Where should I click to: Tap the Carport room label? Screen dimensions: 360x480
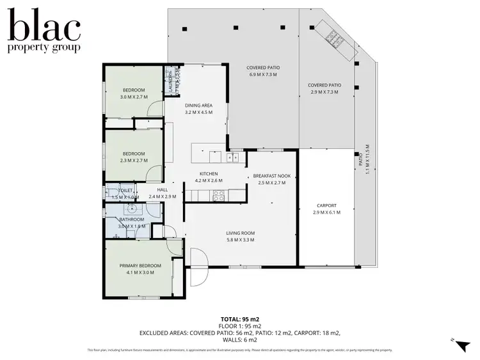[327, 205]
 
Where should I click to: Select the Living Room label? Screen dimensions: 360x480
[241, 233]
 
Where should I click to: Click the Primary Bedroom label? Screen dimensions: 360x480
[140, 265]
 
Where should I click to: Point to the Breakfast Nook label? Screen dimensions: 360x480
[271, 176]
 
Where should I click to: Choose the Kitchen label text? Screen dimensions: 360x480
[208, 173]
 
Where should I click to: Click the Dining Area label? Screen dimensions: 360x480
[198, 106]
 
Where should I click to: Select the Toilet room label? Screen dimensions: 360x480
[125, 190]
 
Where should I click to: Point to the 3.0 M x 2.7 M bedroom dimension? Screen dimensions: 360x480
[134, 97]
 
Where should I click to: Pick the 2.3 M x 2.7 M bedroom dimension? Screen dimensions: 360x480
[134, 160]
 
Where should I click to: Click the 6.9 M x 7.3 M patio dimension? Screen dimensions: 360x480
[263, 75]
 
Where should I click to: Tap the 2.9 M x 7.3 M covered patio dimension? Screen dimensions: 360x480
[324, 92]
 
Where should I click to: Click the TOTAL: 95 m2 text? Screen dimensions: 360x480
[240, 318]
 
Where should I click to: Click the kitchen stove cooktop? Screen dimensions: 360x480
[218, 196]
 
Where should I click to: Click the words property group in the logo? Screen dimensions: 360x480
[44, 47]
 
